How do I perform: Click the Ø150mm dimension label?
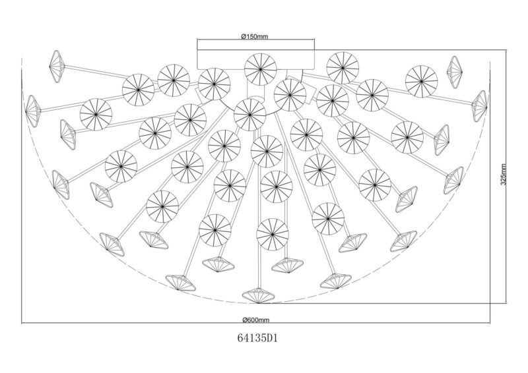[x=255, y=36]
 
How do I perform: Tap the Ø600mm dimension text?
[x=255, y=320]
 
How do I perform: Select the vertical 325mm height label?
[x=503, y=174]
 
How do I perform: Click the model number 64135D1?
[x=257, y=338]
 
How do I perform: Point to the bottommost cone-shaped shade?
[x=259, y=295]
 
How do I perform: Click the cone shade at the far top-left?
[x=55, y=66]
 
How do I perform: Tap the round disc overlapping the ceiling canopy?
[x=260, y=69]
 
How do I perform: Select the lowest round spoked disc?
[x=273, y=234]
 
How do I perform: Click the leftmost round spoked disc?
[x=96, y=115]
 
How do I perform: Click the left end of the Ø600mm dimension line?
[x=22, y=324]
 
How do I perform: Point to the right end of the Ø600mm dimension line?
[x=490, y=324]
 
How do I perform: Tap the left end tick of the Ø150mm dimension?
[x=197, y=40]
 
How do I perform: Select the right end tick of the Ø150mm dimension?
[x=315, y=40]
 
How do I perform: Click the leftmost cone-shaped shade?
[x=33, y=111]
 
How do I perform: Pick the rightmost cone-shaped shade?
[x=480, y=106]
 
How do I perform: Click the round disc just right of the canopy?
[x=343, y=68]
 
